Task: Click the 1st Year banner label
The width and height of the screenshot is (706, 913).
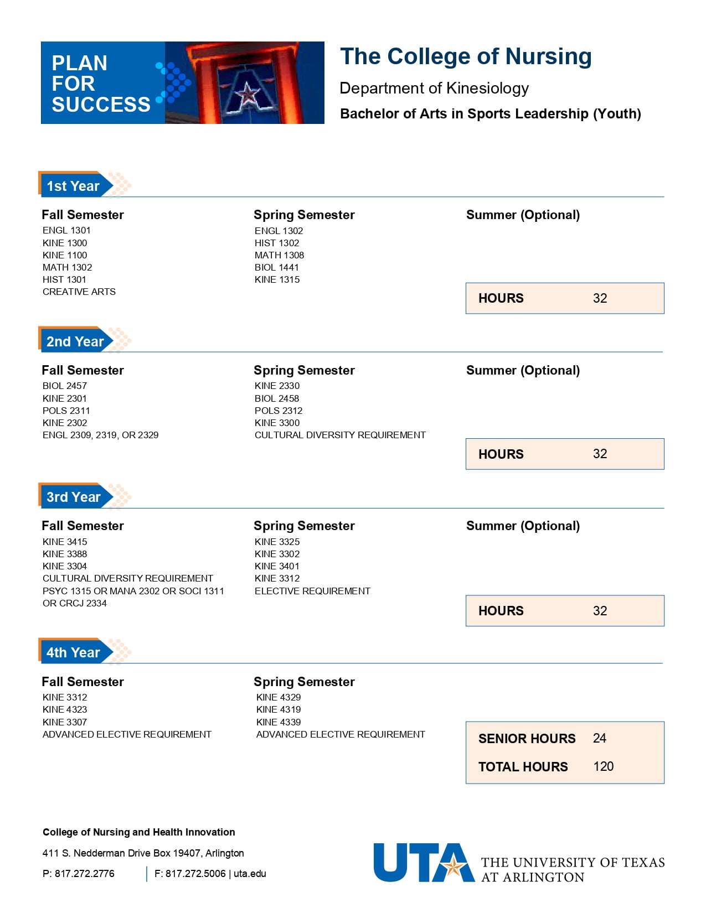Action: coord(73,186)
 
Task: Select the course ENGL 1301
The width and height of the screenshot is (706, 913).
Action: coord(66,230)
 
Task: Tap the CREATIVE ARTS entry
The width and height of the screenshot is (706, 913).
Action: coord(79,292)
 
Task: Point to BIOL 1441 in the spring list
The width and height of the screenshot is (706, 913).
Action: coord(277,267)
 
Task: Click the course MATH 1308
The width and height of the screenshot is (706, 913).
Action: coord(279,255)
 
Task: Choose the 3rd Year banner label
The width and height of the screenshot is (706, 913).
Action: coord(74,497)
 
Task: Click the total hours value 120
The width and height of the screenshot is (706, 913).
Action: coord(603,766)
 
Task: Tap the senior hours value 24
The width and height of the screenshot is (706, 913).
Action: coord(599,738)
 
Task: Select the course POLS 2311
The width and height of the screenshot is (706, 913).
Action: coord(66,411)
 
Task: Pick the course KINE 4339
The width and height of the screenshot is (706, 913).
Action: coord(279,722)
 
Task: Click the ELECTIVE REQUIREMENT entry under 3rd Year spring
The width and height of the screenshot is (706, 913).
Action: coord(312,591)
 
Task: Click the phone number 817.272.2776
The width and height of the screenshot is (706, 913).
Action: coord(84,874)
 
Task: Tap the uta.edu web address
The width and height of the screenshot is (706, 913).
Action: coord(250,874)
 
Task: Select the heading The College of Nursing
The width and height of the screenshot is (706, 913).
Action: coord(466,56)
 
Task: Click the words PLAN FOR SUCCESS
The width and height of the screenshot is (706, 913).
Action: coord(100,84)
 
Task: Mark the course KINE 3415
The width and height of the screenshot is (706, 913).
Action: coord(65,542)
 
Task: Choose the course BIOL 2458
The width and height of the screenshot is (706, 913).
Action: coord(277,398)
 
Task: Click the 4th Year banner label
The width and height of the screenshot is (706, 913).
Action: coord(73,652)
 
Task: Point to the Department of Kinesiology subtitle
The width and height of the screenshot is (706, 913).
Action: coord(434,88)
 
